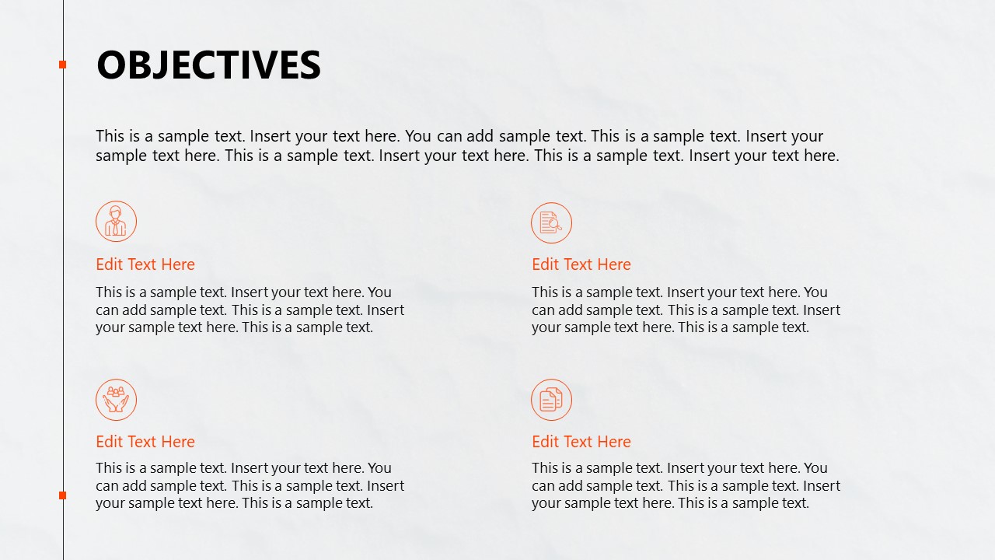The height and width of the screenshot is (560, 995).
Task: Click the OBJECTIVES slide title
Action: pyautogui.click(x=208, y=65)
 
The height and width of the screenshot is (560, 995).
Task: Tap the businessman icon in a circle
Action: pyautogui.click(x=116, y=222)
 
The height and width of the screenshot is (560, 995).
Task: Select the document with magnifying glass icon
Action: pyautogui.click(x=551, y=222)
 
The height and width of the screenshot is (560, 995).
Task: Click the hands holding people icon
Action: pyautogui.click(x=116, y=400)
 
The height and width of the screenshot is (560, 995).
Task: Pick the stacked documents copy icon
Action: pyautogui.click(x=551, y=400)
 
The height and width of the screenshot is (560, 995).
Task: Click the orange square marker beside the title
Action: pyautogui.click(x=63, y=65)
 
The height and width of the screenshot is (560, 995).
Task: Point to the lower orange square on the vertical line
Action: pyautogui.click(x=63, y=495)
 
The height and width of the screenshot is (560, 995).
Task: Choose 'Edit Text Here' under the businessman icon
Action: pyautogui.click(x=145, y=264)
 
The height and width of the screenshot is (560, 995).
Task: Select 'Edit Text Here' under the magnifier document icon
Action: pyautogui.click(x=581, y=264)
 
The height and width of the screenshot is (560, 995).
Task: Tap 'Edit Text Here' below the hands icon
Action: pyautogui.click(x=145, y=442)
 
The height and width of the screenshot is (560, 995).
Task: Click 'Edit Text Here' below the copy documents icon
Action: pyautogui.click(x=581, y=442)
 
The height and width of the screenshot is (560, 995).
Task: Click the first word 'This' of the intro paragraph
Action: pyautogui.click(x=110, y=137)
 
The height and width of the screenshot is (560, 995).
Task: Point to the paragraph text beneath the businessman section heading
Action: pyautogui.click(x=250, y=310)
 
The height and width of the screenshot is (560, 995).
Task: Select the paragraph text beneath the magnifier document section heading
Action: pyautogui.click(x=686, y=310)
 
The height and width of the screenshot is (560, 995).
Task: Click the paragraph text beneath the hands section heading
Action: pyautogui.click(x=250, y=485)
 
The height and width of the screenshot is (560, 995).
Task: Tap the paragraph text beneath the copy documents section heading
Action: pyautogui.click(x=686, y=485)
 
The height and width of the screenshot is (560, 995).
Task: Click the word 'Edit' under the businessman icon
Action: pyautogui.click(x=110, y=264)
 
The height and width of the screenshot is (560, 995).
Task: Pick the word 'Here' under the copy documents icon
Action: pyautogui.click(x=614, y=442)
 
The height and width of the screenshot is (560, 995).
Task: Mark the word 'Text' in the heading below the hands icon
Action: pyautogui.click(x=142, y=442)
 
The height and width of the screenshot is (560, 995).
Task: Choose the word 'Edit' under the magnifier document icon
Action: pyautogui.click(x=546, y=264)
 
